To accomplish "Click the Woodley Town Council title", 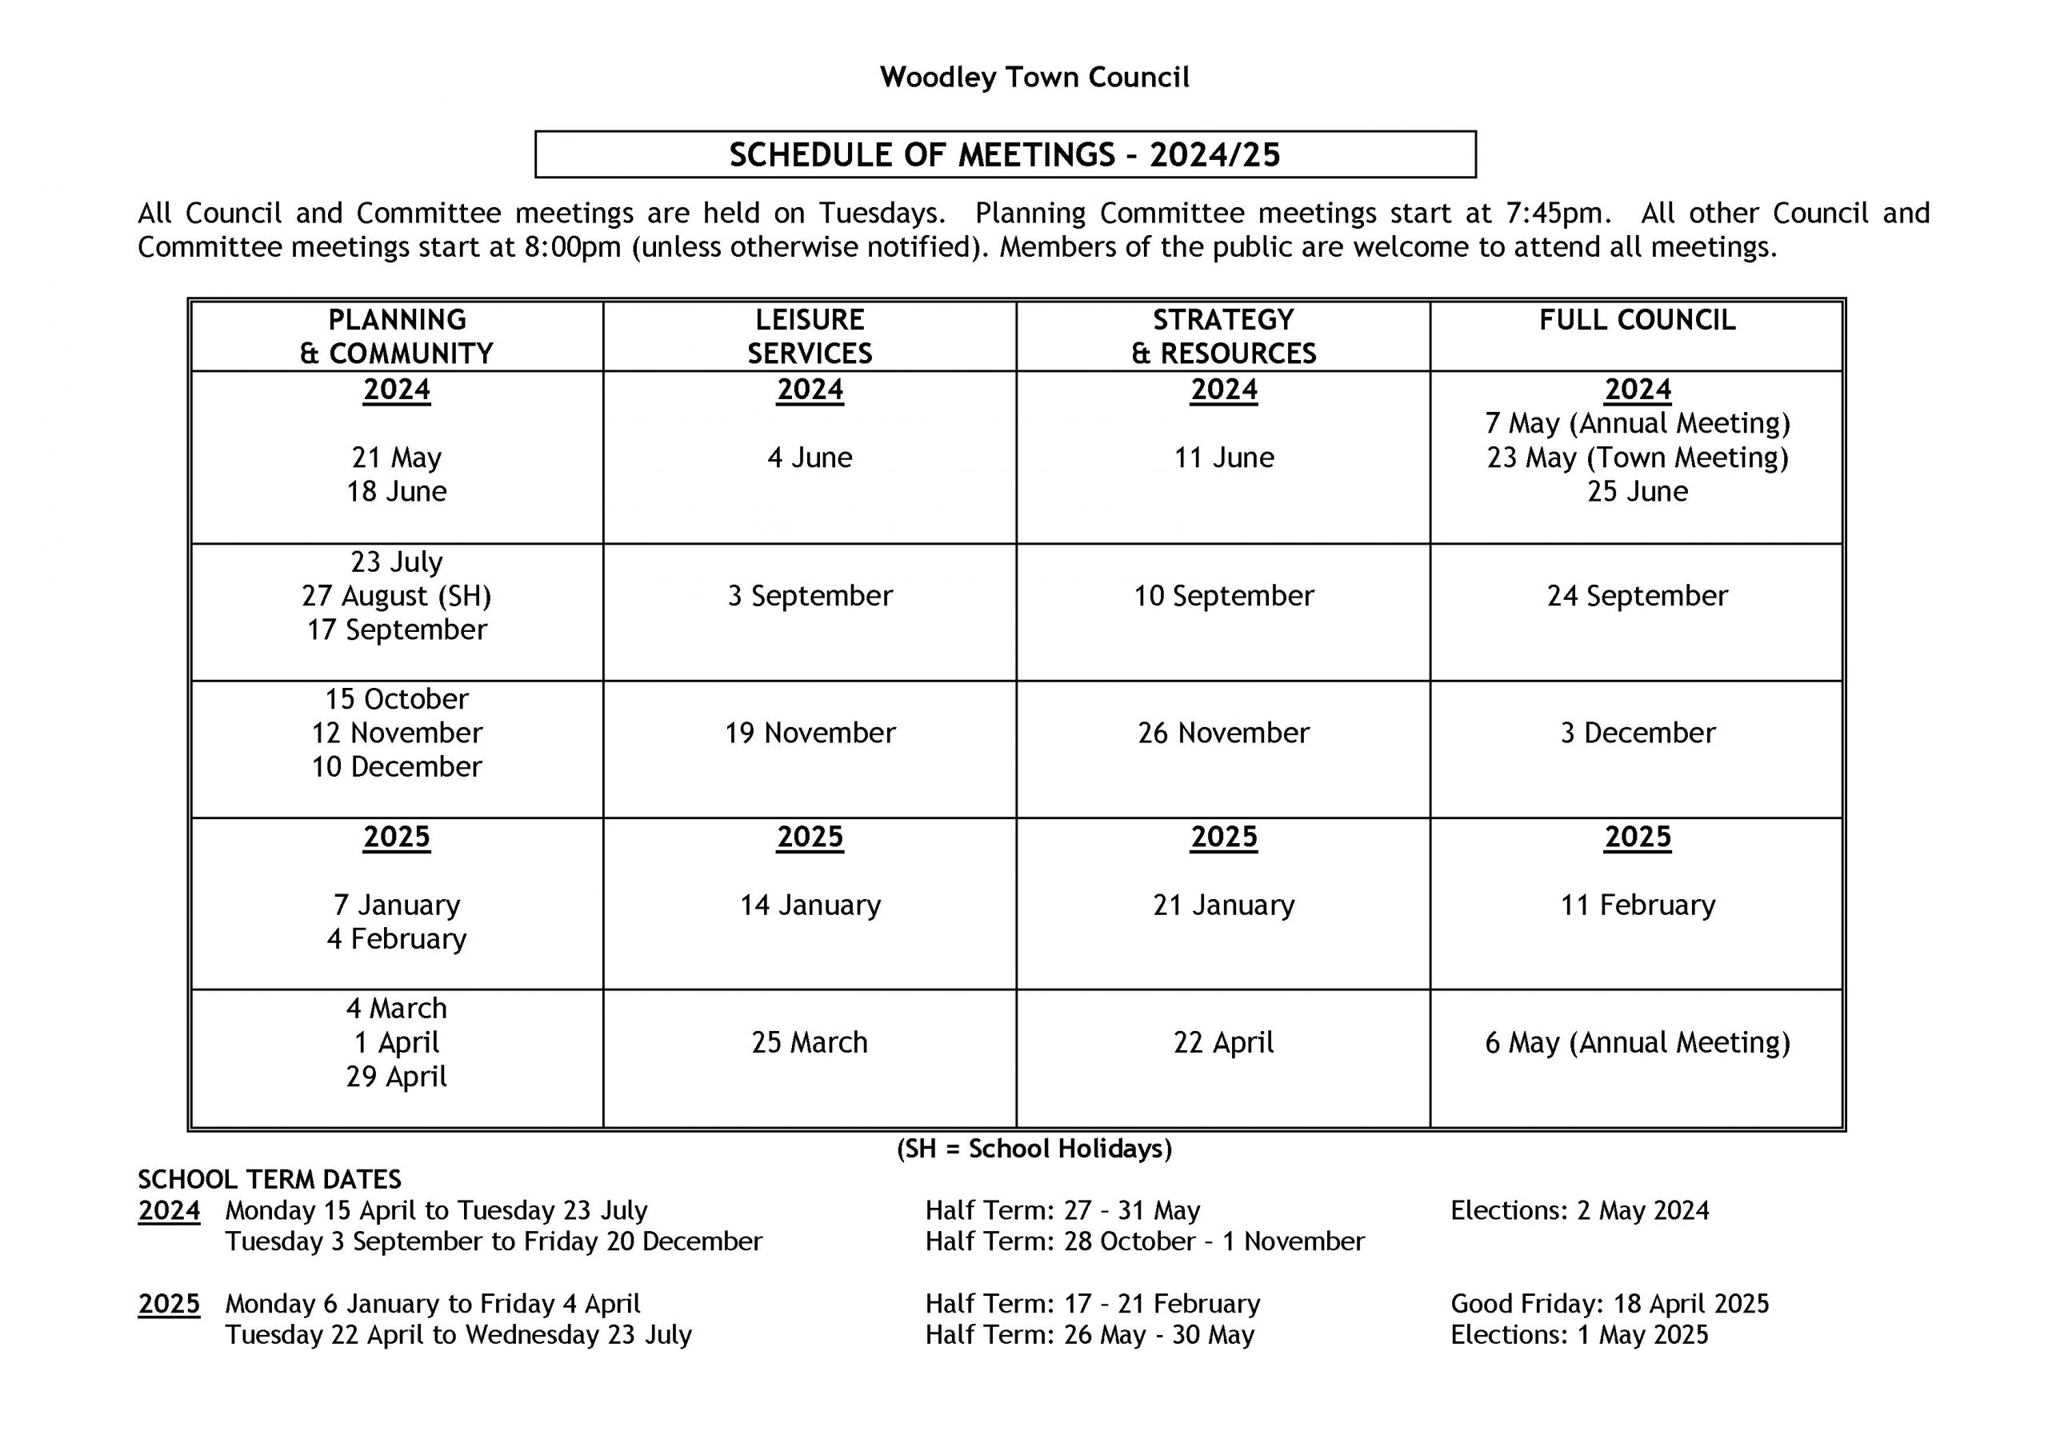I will click(x=1034, y=78).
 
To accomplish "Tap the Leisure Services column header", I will click(x=809, y=336).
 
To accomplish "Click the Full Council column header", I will click(x=1637, y=320).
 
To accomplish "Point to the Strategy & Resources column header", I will click(x=1223, y=336).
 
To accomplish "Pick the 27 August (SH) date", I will click(x=396, y=596).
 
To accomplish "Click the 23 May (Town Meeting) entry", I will click(x=1637, y=458).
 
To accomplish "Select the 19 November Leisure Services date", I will click(x=809, y=733).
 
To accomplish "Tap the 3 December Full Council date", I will click(x=1637, y=733).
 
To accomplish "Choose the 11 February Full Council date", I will click(x=1637, y=905).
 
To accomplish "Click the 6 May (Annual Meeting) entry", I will click(x=1637, y=1043).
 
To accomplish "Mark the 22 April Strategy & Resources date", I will click(x=1223, y=1043).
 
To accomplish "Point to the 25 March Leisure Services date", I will click(x=809, y=1043).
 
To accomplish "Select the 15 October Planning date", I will click(x=396, y=699).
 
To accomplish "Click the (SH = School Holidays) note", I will click(x=1034, y=1149).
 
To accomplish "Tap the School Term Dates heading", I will click(x=270, y=1181).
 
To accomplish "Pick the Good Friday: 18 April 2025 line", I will click(x=1609, y=1305).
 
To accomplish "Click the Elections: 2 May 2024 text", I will click(x=1579, y=1210).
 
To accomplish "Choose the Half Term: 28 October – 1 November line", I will click(x=1145, y=1241).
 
